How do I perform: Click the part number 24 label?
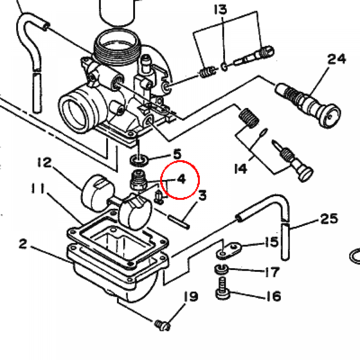point(336,59)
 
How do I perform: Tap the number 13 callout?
point(220,9)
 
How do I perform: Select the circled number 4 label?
point(181,179)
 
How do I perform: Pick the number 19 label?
point(191,297)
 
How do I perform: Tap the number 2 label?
point(23,244)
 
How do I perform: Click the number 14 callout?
point(240,169)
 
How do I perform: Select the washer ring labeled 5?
point(139,160)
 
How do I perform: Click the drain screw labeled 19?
point(162,325)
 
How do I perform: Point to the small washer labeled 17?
point(221,269)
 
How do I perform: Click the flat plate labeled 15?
point(229,250)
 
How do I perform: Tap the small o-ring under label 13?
point(224,67)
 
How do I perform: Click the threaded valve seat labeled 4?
point(138,180)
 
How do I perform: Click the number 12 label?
point(45,162)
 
